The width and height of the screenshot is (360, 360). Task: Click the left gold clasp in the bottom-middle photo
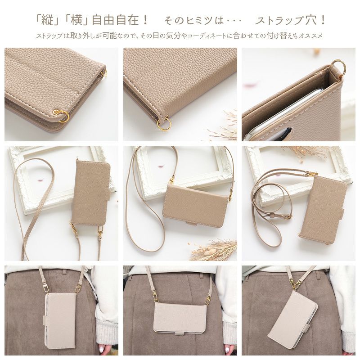pos(155,295)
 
